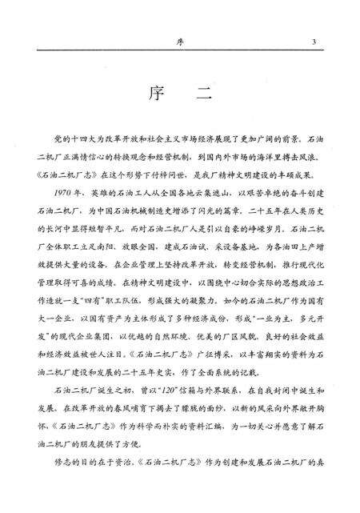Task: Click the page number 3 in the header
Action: pyautogui.click(x=315, y=41)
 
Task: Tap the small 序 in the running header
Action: pyautogui.click(x=181, y=41)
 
